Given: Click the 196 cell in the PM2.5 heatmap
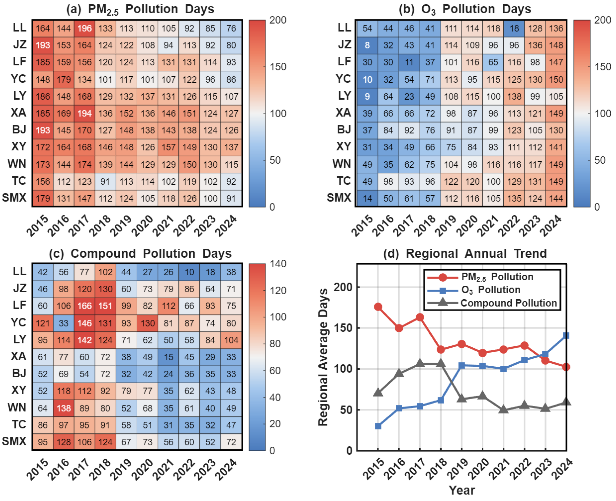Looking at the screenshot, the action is (x=85, y=28).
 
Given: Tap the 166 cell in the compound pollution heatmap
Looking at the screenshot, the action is (x=85, y=306).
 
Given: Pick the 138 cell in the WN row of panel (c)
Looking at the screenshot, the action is (x=63, y=408).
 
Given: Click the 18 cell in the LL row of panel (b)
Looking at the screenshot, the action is (x=514, y=28).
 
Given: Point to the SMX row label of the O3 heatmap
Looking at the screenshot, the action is (x=339, y=198).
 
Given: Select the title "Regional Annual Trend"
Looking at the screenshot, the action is (x=476, y=254).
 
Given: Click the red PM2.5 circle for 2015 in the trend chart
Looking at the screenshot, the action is (x=378, y=307).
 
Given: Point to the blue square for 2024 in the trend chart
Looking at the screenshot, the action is (x=566, y=335).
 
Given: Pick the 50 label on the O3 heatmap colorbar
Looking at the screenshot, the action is (x=600, y=160).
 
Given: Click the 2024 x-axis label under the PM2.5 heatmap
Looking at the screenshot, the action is (x=227, y=226).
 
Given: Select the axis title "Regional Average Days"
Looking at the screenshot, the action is (x=323, y=357).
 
